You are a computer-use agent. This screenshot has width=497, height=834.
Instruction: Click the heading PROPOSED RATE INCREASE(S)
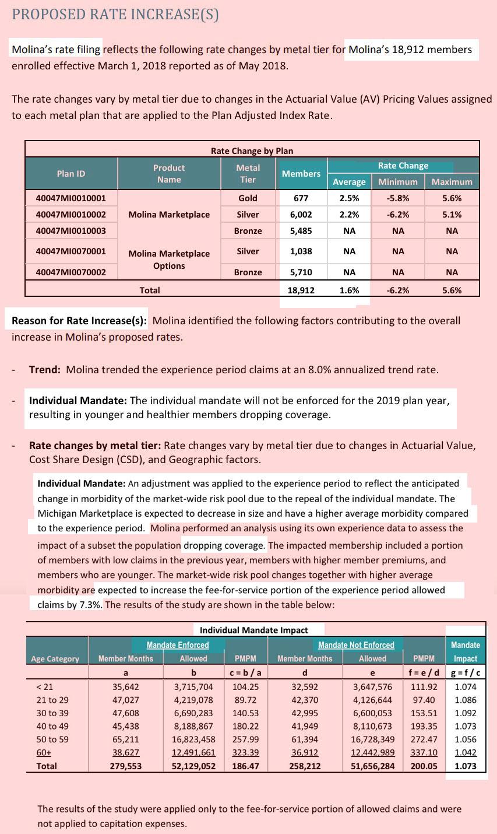coord(115,15)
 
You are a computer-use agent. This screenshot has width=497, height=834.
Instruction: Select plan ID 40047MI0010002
coord(71,215)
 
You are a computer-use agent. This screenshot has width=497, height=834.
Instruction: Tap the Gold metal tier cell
coord(248,198)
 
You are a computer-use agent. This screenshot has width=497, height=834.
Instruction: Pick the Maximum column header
coord(452,182)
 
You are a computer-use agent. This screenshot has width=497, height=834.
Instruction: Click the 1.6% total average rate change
coord(349,290)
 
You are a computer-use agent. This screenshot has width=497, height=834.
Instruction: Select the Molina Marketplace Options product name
coord(169,260)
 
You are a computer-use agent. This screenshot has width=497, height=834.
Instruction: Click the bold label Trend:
coord(46,370)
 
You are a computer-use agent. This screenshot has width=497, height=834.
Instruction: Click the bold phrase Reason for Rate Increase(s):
coord(80,321)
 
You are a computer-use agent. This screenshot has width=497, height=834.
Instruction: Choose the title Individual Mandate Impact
coord(253,630)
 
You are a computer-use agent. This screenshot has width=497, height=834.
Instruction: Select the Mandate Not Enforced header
coord(356,645)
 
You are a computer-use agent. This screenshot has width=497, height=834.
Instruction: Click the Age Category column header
coord(55,659)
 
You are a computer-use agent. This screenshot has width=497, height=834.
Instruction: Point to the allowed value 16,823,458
coord(193,740)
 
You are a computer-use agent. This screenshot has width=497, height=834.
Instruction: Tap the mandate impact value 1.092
coord(466,713)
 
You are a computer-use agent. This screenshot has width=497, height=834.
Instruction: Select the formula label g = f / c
coord(465,672)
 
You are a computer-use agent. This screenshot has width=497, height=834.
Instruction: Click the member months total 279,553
coord(126,766)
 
